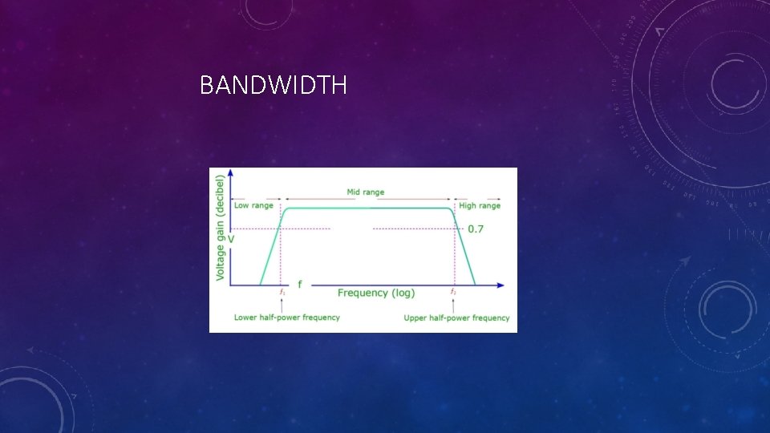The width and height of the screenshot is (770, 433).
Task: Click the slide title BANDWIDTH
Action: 273,85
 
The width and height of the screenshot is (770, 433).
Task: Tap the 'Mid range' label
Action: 365,192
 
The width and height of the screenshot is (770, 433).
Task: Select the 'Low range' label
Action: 253,205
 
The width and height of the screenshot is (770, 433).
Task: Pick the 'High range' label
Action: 479,205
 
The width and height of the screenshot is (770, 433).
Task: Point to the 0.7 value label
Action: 475,229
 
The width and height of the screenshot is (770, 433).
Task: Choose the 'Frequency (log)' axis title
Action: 375,293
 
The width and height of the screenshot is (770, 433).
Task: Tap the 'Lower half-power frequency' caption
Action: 286,318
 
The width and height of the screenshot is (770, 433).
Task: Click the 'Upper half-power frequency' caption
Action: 456,318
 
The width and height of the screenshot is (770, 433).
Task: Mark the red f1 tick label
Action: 282,292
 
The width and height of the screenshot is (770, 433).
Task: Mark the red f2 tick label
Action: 453,292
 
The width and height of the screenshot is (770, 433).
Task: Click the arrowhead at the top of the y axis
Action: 231,172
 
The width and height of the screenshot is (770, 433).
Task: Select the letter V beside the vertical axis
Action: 232,238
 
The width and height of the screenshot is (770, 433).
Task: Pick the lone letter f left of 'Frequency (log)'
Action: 300,284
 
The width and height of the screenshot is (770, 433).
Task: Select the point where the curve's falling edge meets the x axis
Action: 475,285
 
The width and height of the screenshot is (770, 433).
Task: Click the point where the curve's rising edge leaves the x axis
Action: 260,285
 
